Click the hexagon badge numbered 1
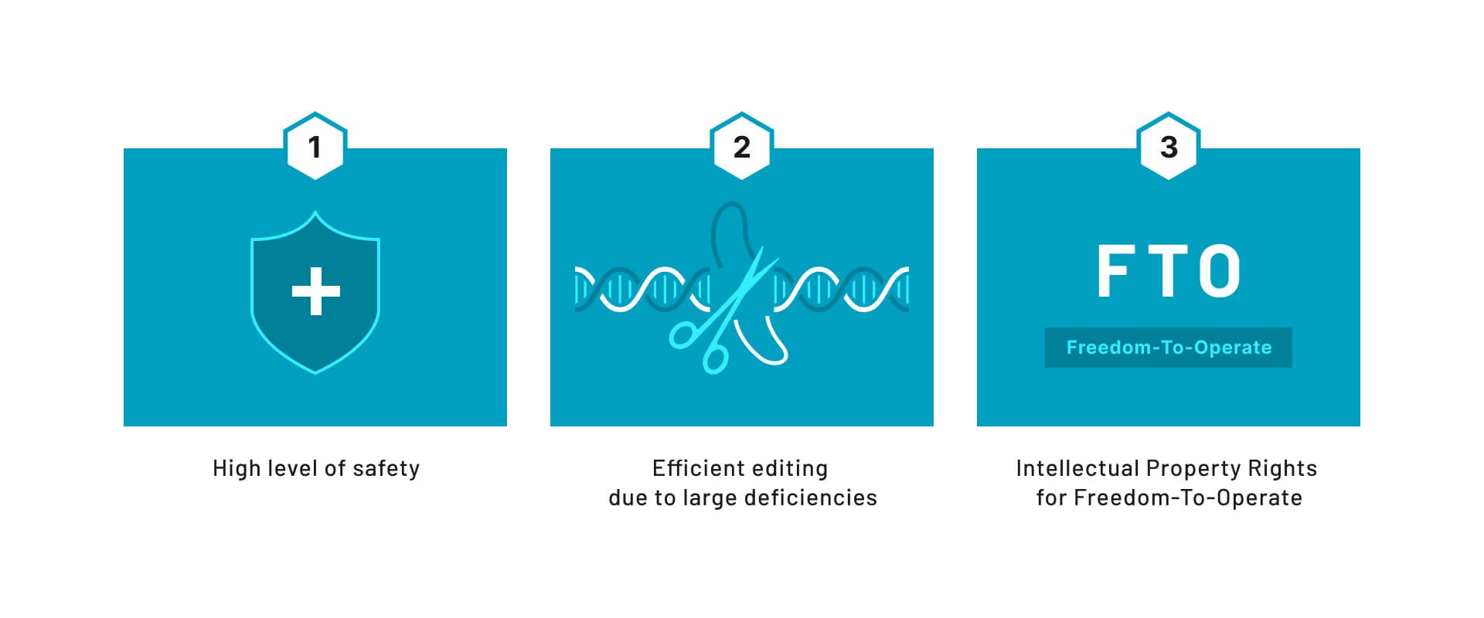(315, 146)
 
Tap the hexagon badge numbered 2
(742, 146)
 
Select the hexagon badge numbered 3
(1169, 146)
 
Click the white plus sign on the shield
(315, 291)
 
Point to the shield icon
(315, 292)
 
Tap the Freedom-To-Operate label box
(1169, 348)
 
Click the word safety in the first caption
(386, 469)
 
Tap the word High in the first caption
(236, 469)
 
